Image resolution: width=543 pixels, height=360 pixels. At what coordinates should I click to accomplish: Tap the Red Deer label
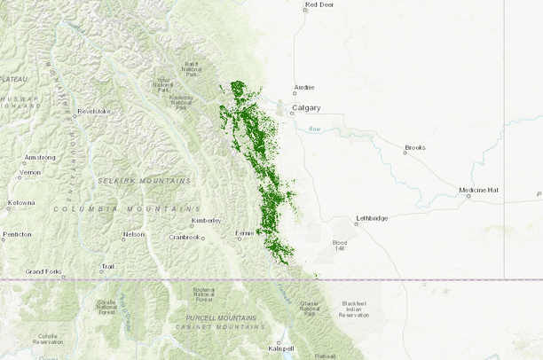tap(319, 5)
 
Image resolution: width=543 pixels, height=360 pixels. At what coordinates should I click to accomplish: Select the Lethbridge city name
tap(372, 217)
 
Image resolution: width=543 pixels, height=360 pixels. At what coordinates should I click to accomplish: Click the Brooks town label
tap(415, 147)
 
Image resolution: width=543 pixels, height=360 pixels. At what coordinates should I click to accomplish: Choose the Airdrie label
tap(303, 88)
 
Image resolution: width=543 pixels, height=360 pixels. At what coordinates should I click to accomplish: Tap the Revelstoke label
tap(93, 112)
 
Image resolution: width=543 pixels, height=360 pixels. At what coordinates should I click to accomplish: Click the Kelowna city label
tap(21, 203)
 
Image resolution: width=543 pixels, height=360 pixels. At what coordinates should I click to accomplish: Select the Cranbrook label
tap(185, 237)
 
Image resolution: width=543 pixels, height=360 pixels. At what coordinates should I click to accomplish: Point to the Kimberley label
tap(205, 221)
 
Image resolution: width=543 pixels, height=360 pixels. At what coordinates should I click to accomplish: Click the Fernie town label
tap(244, 233)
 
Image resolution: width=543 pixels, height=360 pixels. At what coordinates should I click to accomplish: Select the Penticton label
tap(16, 235)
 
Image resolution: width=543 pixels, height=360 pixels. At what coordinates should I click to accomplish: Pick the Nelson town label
tap(133, 234)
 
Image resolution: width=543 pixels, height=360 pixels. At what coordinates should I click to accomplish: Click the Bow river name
tap(314, 130)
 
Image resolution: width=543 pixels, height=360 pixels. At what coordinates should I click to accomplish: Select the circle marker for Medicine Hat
tap(469, 197)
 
